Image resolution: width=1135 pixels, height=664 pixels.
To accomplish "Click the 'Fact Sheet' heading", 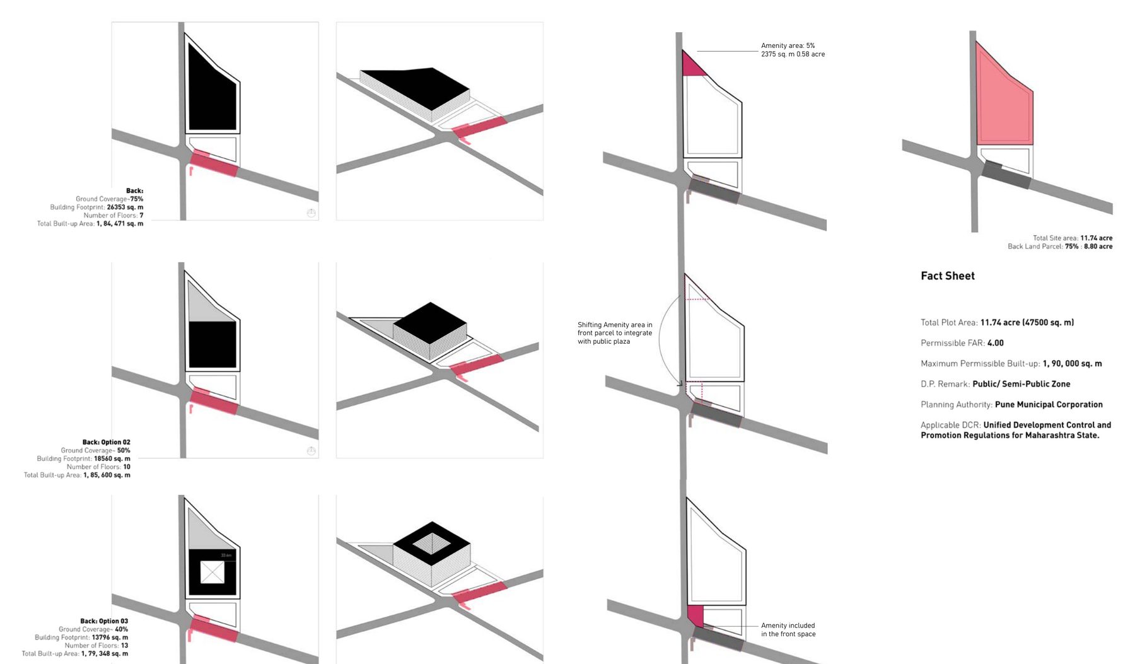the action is click(x=947, y=276).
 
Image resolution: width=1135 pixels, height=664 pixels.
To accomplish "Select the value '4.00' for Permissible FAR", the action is click(x=995, y=343).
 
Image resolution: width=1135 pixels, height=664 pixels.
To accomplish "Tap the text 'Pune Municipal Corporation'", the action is click(x=1049, y=404).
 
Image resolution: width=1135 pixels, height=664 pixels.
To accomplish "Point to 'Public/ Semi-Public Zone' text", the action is click(x=1021, y=384).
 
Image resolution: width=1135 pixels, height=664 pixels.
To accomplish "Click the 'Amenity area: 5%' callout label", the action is click(x=788, y=45).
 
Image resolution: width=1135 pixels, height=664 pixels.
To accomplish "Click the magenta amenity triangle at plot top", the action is click(x=692, y=66).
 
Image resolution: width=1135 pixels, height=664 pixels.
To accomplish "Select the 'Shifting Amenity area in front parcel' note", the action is click(x=615, y=333).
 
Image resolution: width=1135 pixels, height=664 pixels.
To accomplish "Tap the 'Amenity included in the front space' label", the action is click(x=788, y=630).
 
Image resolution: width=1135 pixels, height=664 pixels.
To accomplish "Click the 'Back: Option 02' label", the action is click(x=106, y=442).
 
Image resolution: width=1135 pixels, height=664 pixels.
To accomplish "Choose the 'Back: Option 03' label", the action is click(x=104, y=621).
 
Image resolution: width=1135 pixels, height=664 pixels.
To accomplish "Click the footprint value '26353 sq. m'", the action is click(x=125, y=207).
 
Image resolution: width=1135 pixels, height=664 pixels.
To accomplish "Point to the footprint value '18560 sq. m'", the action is click(x=112, y=458).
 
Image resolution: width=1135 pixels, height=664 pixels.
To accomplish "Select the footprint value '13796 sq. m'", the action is click(x=110, y=638).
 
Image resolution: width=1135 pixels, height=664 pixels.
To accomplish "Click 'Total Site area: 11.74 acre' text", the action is click(x=1072, y=238).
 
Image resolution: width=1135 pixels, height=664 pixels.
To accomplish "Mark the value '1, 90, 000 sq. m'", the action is click(x=1072, y=364).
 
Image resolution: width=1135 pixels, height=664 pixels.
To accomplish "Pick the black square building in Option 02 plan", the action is click(x=212, y=345).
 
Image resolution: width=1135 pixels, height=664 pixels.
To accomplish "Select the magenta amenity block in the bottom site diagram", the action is click(x=695, y=615).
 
